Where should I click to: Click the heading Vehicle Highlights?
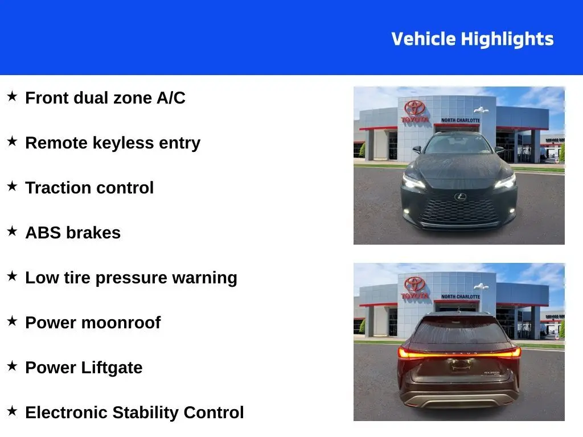click(472, 39)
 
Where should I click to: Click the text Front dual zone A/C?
click(105, 98)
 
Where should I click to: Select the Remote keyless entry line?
click(113, 143)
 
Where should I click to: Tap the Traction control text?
click(89, 188)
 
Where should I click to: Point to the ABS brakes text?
click(73, 233)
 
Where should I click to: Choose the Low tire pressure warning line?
click(132, 278)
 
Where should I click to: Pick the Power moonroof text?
click(93, 323)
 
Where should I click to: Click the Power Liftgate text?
click(84, 368)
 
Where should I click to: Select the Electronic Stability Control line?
click(134, 413)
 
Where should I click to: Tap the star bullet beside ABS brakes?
click(13, 231)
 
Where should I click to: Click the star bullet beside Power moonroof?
click(13, 321)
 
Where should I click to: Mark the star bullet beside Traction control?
click(13, 186)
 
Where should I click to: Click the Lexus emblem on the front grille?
click(460, 196)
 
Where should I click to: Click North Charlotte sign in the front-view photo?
click(460, 121)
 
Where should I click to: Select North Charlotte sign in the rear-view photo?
click(460, 296)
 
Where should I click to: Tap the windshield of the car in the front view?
click(458, 144)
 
